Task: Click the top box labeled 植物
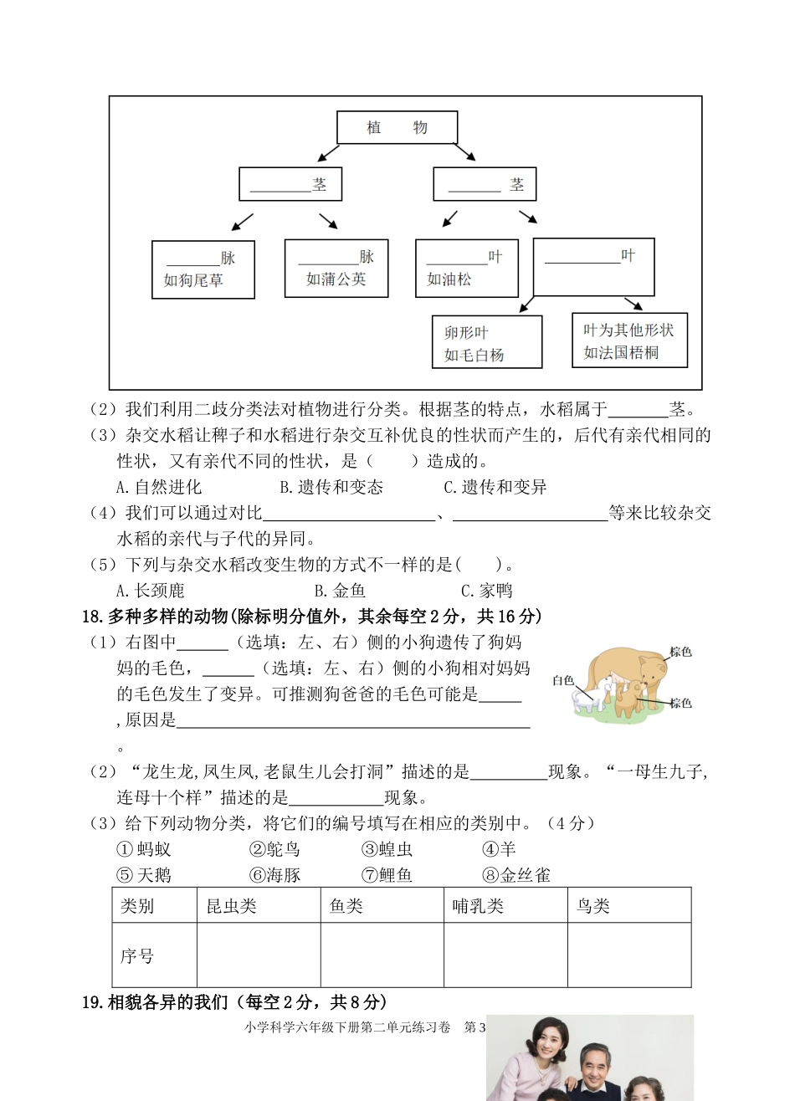click(x=397, y=128)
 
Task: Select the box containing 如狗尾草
click(x=203, y=269)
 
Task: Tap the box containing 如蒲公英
click(x=336, y=268)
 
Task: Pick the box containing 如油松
click(x=466, y=268)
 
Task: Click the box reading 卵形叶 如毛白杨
click(x=486, y=341)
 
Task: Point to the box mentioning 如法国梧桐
click(x=628, y=341)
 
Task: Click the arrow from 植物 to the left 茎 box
click(x=327, y=153)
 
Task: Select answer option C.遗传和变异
click(x=495, y=487)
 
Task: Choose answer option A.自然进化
click(x=159, y=487)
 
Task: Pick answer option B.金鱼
click(x=340, y=591)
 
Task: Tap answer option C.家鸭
click(x=486, y=591)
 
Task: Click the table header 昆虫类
click(x=232, y=906)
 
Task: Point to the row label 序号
click(x=137, y=955)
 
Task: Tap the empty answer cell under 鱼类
click(x=382, y=955)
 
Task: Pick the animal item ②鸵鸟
click(x=274, y=849)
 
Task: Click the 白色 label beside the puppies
click(x=562, y=680)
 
